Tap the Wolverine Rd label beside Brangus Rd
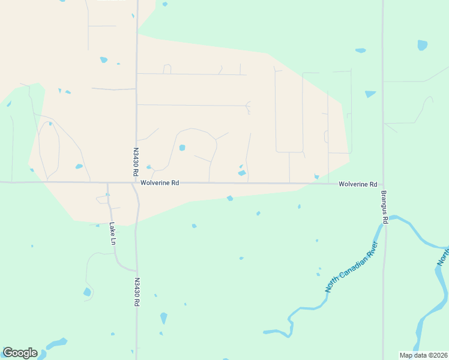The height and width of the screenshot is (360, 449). pos(358,184)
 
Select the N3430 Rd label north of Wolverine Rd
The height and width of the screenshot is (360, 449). pos(136,162)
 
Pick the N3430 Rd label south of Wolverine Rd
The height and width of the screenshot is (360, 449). pos(137,292)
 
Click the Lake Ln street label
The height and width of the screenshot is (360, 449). pos(112,234)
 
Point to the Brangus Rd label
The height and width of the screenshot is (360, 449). pos(384,207)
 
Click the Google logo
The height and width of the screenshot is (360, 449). pos(20,353)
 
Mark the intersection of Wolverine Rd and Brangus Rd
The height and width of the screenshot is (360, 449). pos(383,185)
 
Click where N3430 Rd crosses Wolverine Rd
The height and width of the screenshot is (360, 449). pos(134,182)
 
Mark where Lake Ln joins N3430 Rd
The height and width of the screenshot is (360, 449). pos(136,270)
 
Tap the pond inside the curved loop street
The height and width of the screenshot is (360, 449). pos(182,148)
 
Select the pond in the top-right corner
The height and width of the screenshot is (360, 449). pos(423,45)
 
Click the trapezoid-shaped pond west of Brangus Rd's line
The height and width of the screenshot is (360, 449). pos(370,94)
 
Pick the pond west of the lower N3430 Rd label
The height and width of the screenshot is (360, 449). pos(88,292)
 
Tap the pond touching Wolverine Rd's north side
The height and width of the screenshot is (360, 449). pos(242,173)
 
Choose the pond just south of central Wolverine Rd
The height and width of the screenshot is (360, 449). pos(230,198)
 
